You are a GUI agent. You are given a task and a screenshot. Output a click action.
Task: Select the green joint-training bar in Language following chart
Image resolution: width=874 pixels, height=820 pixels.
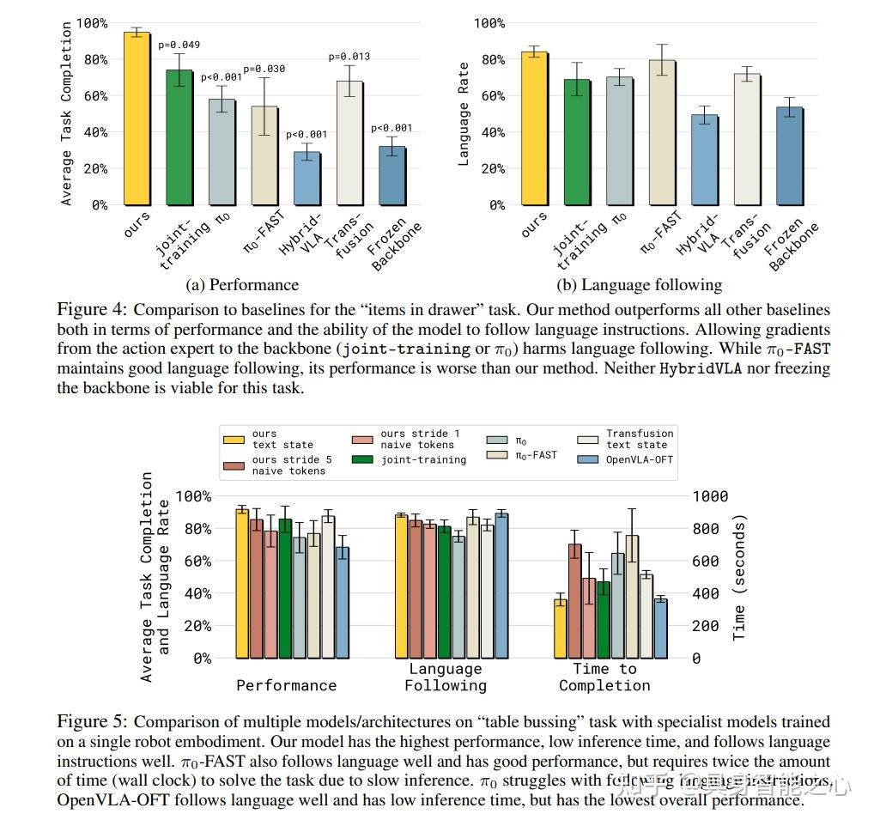point(578,142)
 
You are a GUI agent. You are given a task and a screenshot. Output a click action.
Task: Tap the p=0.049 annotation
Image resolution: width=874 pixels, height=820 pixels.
point(179,45)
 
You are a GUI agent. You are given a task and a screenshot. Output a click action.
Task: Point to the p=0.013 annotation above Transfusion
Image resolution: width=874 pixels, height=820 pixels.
point(349,57)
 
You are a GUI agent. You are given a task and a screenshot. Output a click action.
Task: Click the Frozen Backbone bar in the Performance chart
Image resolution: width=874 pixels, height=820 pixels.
point(392,175)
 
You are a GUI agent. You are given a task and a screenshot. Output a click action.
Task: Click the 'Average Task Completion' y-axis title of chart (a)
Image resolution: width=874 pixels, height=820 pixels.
point(67,114)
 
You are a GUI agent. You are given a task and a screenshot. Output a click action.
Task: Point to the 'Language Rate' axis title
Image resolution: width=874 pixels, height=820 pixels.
point(464,114)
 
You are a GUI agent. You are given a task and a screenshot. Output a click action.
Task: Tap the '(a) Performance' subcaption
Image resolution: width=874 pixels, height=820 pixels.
point(242,285)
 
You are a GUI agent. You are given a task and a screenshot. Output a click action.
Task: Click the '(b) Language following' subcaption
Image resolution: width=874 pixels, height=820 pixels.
point(640,285)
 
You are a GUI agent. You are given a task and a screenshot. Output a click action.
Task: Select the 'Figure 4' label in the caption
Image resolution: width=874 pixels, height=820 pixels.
point(91,309)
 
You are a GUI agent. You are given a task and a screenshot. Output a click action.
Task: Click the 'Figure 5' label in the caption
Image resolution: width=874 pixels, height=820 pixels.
point(91,721)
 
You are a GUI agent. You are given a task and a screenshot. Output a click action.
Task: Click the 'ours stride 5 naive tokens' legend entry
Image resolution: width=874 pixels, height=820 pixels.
point(276,465)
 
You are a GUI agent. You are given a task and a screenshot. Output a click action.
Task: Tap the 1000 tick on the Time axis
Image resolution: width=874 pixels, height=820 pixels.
point(710,496)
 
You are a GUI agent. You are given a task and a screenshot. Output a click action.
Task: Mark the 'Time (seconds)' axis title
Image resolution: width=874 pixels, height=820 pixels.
point(739,577)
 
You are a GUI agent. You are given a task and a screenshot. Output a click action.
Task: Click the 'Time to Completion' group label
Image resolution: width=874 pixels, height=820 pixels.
point(604,677)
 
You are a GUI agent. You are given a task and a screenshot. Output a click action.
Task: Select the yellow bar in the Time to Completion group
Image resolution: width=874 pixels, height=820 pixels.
point(561,629)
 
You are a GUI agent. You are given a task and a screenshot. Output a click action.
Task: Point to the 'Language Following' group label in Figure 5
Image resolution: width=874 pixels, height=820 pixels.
point(446,677)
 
